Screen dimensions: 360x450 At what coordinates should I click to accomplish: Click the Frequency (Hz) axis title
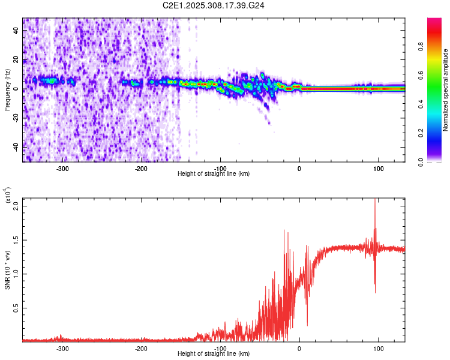8,90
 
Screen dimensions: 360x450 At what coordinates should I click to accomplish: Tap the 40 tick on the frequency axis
16,32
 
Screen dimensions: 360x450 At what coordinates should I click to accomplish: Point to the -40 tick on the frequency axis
15,147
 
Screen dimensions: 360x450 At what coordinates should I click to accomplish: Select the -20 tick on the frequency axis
15,118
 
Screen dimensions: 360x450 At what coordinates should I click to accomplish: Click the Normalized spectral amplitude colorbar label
446,90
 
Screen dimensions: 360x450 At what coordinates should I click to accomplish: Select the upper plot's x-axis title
214,174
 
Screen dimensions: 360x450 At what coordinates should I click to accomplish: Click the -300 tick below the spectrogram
62,169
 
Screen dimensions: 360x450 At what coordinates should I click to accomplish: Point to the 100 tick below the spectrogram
378,169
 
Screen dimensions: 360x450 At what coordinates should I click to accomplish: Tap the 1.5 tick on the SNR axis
16,240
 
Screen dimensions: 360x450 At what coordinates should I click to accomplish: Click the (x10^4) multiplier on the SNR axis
8,195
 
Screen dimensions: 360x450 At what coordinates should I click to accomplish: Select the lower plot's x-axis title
214,354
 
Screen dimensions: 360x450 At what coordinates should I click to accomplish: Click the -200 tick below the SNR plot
141,349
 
